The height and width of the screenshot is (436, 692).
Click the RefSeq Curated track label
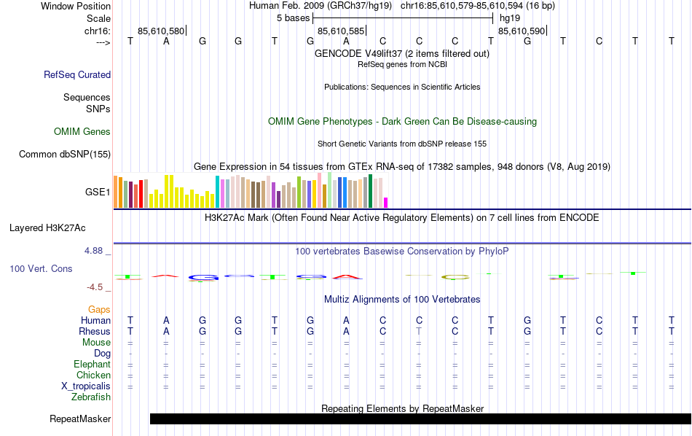point(77,74)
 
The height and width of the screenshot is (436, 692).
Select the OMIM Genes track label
point(82,132)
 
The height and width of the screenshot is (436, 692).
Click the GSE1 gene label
point(98,192)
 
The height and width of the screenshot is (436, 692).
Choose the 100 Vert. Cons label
point(41,269)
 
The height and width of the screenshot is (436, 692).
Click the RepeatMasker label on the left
point(80,419)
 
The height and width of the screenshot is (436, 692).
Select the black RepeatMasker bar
point(420,419)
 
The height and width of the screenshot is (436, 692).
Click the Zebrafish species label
point(91,397)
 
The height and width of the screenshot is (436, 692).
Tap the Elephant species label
point(92,365)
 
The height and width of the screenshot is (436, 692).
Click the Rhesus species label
point(94,332)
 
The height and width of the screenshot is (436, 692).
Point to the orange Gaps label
point(99,310)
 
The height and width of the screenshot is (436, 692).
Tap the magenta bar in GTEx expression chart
point(386,202)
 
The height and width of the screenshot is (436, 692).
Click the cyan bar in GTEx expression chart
point(217,192)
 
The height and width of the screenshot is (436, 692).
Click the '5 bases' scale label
point(294,17)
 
